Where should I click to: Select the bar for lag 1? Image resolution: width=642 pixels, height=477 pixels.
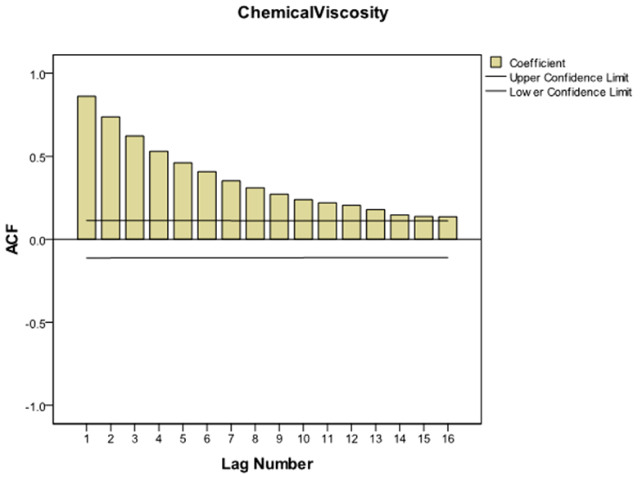point(87,167)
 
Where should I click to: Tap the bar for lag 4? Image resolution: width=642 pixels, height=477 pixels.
point(159,195)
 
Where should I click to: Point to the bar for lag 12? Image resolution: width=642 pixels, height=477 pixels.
point(351,222)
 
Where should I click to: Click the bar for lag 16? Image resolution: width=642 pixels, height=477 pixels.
point(447,228)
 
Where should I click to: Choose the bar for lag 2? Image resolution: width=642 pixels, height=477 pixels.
point(111,178)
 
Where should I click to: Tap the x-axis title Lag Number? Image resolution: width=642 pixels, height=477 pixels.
point(267,465)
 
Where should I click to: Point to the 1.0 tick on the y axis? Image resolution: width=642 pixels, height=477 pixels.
point(38,74)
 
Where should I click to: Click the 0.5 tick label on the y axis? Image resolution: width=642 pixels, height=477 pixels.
point(38,157)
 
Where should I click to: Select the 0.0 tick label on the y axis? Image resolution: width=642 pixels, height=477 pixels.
point(38,239)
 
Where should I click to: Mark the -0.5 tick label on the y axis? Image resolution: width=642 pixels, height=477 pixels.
point(36,322)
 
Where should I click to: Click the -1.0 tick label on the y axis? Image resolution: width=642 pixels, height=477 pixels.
point(36,406)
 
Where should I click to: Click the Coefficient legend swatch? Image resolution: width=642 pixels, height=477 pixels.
point(495,62)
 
